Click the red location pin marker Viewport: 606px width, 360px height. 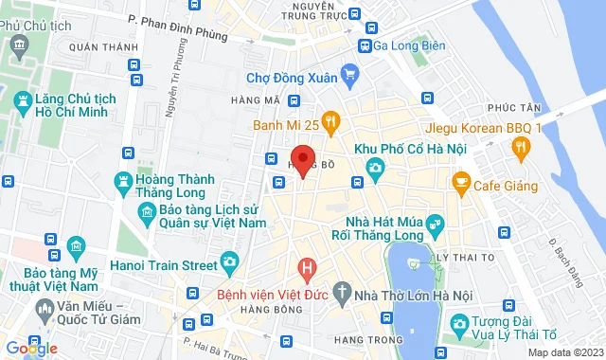click(302, 159)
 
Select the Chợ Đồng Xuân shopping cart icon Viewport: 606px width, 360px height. click(350, 72)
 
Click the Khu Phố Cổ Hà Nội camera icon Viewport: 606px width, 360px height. click(375, 168)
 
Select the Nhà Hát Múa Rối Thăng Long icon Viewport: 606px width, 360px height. click(435, 224)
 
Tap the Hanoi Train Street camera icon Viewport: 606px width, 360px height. click(228, 261)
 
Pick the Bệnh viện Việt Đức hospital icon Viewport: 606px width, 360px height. click(306, 268)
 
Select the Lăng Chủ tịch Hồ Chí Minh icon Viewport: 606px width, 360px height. click(23, 99)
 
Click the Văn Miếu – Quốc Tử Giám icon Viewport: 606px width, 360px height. click(44, 309)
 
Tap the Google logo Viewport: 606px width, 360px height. click(30, 349)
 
